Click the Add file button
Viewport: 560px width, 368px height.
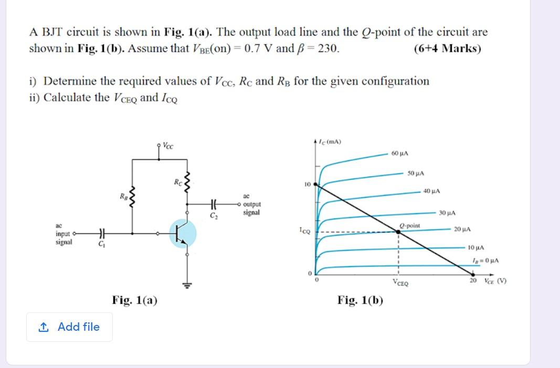click(69, 327)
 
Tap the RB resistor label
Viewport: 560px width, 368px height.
click(123, 197)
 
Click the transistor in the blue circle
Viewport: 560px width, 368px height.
click(183, 233)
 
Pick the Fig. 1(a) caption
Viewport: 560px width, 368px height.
click(135, 300)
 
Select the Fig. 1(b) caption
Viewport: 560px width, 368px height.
click(361, 300)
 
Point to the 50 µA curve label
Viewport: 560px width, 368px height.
click(416, 173)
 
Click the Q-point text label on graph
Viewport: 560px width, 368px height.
click(409, 225)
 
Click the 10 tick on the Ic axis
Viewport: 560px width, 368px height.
click(307, 184)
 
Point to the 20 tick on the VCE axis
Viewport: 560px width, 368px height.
click(473, 281)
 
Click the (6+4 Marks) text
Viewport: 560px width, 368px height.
click(447, 49)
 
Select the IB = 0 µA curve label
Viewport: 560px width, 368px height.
click(485, 260)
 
